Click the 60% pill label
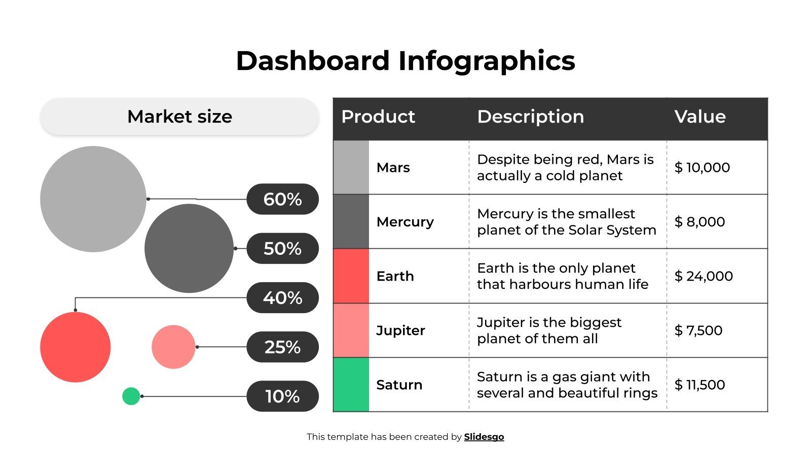click(x=282, y=199)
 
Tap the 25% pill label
click(x=282, y=347)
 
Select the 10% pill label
click(x=282, y=396)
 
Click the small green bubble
click(x=131, y=396)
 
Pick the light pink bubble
click(x=173, y=347)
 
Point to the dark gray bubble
click(x=189, y=248)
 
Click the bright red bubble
click(x=75, y=347)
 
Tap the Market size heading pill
click(x=179, y=117)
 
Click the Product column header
click(x=378, y=117)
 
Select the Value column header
click(x=700, y=117)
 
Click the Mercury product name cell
click(x=405, y=222)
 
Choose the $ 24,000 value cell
click(x=704, y=276)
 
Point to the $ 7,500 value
click(x=698, y=330)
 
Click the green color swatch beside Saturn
click(x=351, y=385)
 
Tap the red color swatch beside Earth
click(x=351, y=276)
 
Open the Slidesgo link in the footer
click(x=484, y=437)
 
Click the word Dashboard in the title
click(x=312, y=61)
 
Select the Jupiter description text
click(x=549, y=330)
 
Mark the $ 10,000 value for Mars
click(x=702, y=168)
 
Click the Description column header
click(x=531, y=117)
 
